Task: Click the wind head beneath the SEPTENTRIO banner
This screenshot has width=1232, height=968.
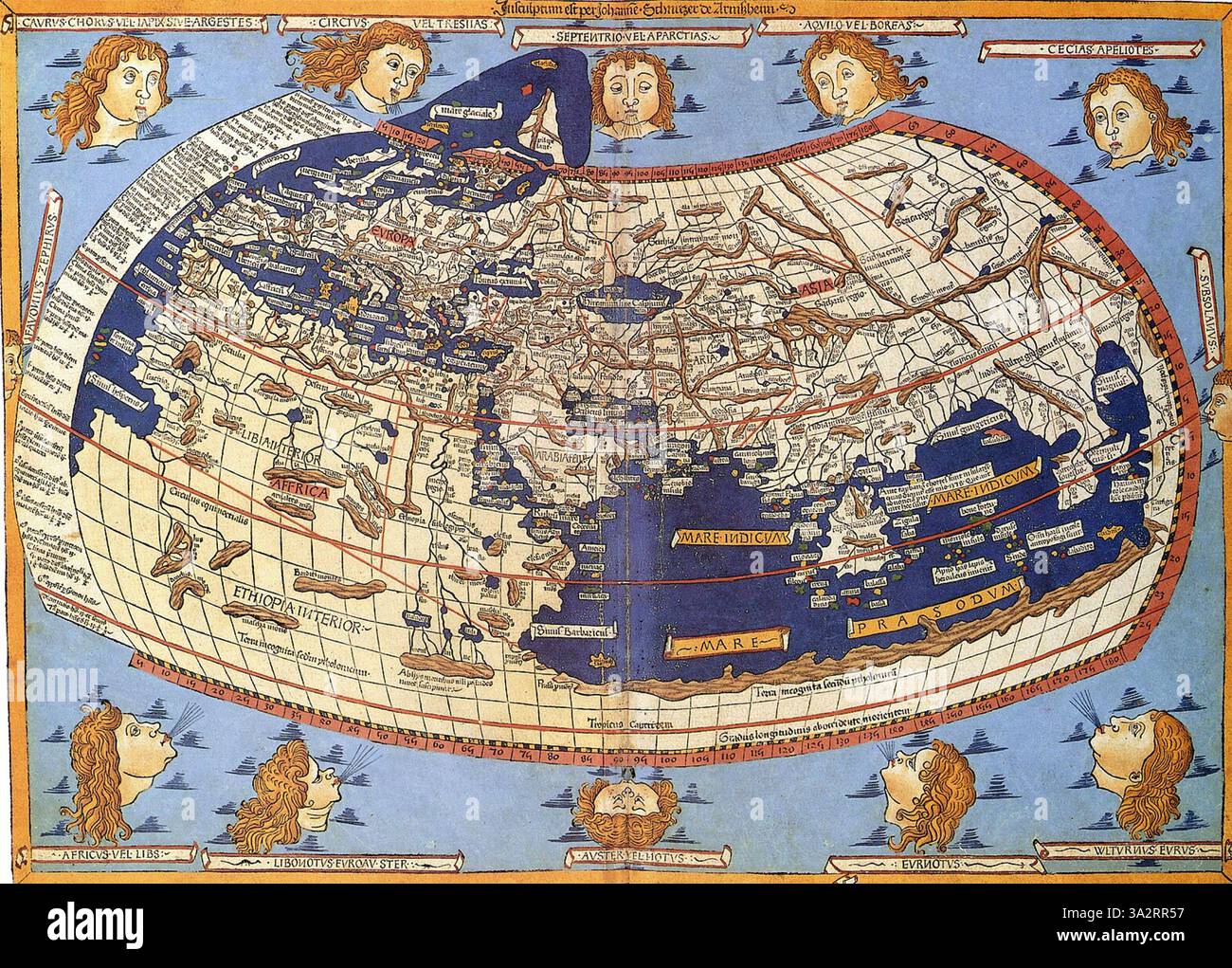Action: click(x=623, y=96)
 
